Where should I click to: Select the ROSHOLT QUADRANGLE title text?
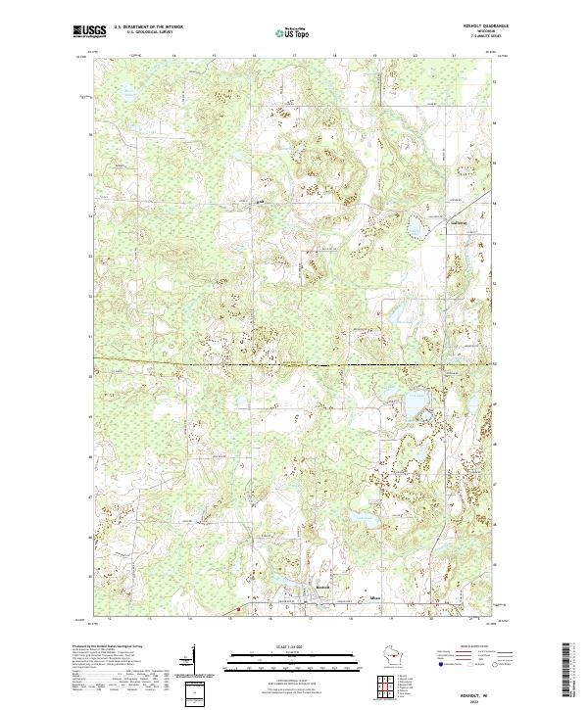point(476,27)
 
